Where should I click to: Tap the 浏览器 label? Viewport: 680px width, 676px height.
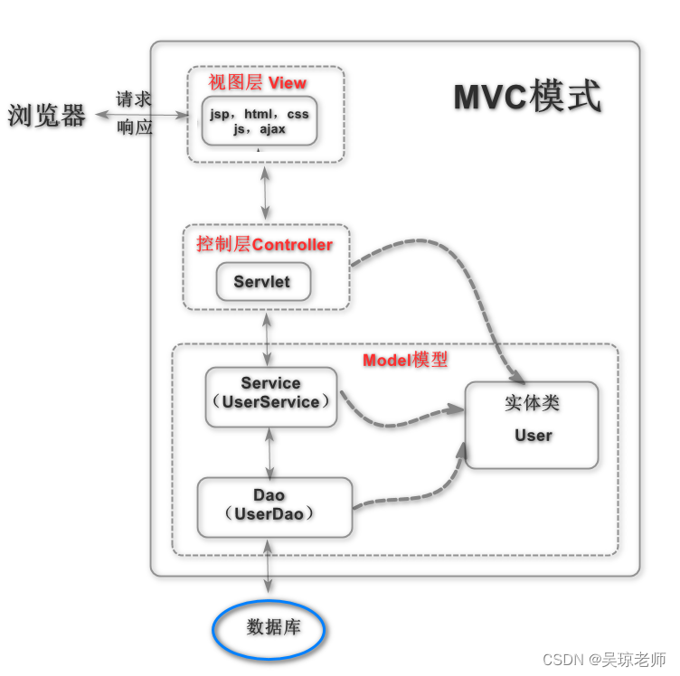tap(47, 116)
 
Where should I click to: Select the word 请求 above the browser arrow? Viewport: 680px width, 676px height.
tap(134, 99)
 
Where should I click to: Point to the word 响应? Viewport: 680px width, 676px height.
tap(134, 127)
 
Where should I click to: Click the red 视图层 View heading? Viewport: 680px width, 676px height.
tap(257, 82)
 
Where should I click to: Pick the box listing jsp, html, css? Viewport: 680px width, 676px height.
tap(260, 122)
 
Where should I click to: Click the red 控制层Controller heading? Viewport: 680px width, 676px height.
tap(264, 245)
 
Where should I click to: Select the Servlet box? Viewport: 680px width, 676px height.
tap(262, 282)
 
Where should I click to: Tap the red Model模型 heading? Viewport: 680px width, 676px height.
tap(404, 360)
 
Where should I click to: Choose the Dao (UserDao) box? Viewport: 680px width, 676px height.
tap(274, 506)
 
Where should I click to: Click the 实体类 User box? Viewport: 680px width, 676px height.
tap(532, 425)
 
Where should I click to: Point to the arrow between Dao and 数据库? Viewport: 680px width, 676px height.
tap(269, 568)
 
